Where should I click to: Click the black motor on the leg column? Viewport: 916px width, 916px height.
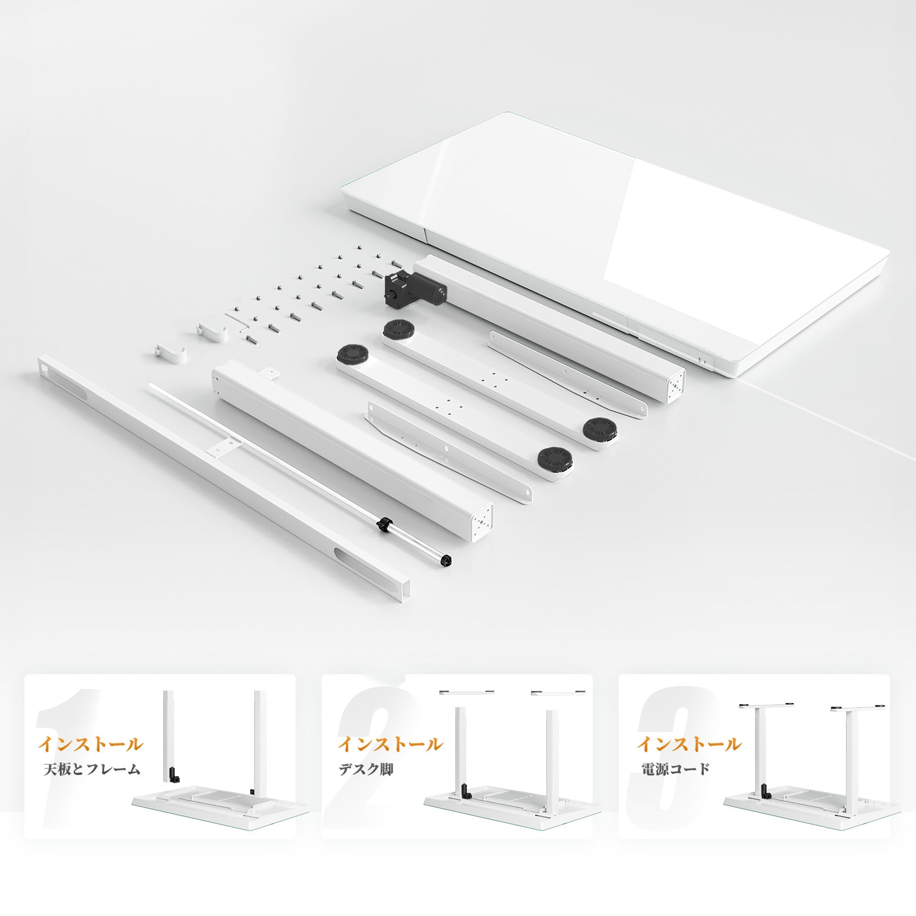[415, 289]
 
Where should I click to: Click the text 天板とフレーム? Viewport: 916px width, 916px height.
[92, 769]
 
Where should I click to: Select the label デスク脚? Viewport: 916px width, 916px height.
[366, 769]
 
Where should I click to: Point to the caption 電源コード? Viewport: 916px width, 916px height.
[675, 769]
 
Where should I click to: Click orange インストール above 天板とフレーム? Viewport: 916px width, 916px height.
[91, 744]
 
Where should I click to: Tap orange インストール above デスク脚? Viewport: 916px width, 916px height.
[390, 744]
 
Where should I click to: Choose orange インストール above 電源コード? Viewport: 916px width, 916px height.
[690, 744]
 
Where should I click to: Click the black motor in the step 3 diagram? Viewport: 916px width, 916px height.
[765, 791]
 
